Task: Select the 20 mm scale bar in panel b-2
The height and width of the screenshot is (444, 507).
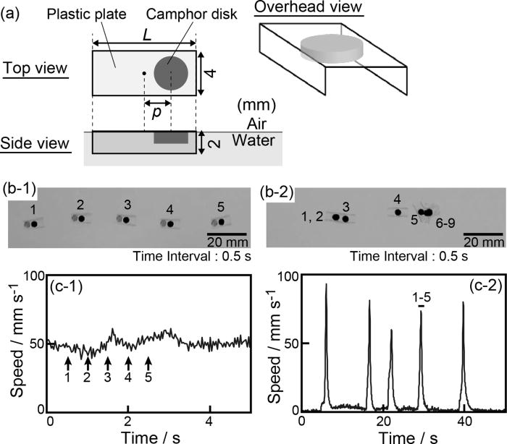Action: [x=483, y=234]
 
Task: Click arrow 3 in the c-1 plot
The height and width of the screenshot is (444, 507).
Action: [x=107, y=361]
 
